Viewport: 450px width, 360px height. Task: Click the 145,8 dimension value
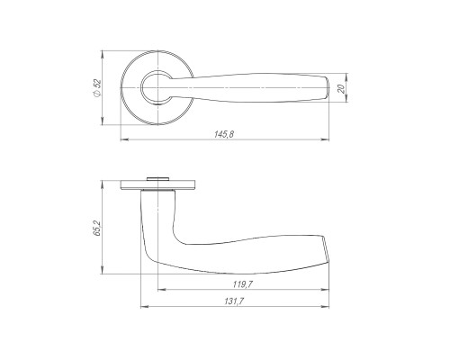pos(224,134)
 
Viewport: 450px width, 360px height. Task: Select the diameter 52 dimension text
pos(97,87)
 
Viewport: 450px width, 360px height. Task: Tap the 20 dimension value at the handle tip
pos(341,88)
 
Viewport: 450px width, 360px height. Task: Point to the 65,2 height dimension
pos(97,228)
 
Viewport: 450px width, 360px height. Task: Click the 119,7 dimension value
pos(243,284)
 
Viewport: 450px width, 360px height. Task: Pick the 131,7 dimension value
pos(234,301)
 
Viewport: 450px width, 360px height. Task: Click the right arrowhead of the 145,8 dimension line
pos(325,139)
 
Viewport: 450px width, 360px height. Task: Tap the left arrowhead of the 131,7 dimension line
pos(145,307)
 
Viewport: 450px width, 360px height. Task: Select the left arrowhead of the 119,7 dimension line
pos(162,290)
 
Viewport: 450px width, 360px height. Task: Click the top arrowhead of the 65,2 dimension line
pos(103,184)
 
